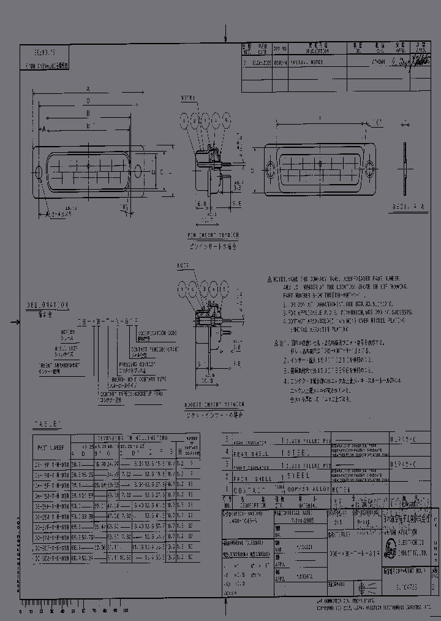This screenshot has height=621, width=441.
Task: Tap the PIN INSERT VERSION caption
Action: pos(213,235)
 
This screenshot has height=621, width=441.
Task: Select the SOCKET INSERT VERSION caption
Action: pos(214,405)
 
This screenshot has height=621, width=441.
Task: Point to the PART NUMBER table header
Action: pos(51,447)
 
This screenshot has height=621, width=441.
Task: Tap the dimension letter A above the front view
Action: pos(89,90)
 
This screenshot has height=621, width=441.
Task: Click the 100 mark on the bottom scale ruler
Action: pos(126,611)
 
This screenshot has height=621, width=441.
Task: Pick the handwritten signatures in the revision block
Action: pos(418,60)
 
